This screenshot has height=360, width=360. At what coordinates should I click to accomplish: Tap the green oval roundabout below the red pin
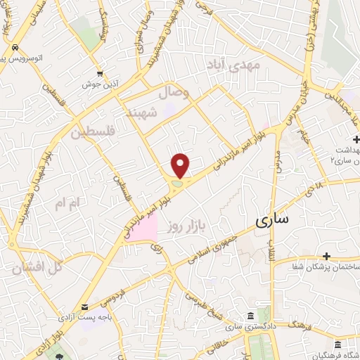click(176, 184)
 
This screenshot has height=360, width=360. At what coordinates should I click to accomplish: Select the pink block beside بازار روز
click(144, 230)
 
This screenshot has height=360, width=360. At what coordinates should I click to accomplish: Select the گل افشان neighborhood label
click(38, 266)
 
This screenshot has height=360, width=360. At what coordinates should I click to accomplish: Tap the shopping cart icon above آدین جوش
click(101, 72)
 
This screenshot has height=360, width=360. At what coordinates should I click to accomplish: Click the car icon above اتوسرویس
click(14, 47)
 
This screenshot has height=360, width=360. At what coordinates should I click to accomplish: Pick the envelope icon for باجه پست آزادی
click(85, 307)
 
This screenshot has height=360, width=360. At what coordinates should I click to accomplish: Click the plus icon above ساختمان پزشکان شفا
click(326, 255)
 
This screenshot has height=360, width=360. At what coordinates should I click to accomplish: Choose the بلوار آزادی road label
click(60, 344)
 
